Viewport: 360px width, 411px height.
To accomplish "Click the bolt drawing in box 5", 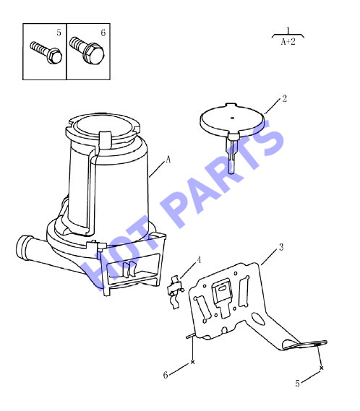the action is click(x=46, y=53).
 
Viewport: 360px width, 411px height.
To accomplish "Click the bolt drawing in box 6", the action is click(x=87, y=51).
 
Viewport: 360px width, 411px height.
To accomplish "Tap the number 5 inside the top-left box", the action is click(x=59, y=33).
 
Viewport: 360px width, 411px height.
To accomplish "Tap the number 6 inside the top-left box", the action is click(x=103, y=33).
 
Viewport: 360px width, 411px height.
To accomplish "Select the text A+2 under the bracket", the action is click(x=288, y=41).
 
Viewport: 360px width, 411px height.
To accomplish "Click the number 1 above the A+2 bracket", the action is click(x=288, y=30).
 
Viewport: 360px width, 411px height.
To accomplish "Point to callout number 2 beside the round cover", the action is click(x=284, y=99).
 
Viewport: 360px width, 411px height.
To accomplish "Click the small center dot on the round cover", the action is click(x=232, y=118).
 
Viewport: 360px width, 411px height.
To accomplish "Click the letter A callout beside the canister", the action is click(x=168, y=159).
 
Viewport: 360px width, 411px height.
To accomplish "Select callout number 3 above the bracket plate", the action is click(x=281, y=247).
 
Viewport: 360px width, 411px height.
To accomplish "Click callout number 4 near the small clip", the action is click(x=199, y=260).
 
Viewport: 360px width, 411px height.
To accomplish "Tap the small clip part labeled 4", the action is click(x=174, y=292).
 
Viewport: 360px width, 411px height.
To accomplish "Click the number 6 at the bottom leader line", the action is click(x=166, y=375).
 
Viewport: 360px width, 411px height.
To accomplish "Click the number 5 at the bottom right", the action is click(x=297, y=384).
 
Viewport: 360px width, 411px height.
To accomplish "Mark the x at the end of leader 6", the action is click(x=192, y=362).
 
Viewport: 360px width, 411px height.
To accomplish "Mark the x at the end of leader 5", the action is click(x=322, y=368).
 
